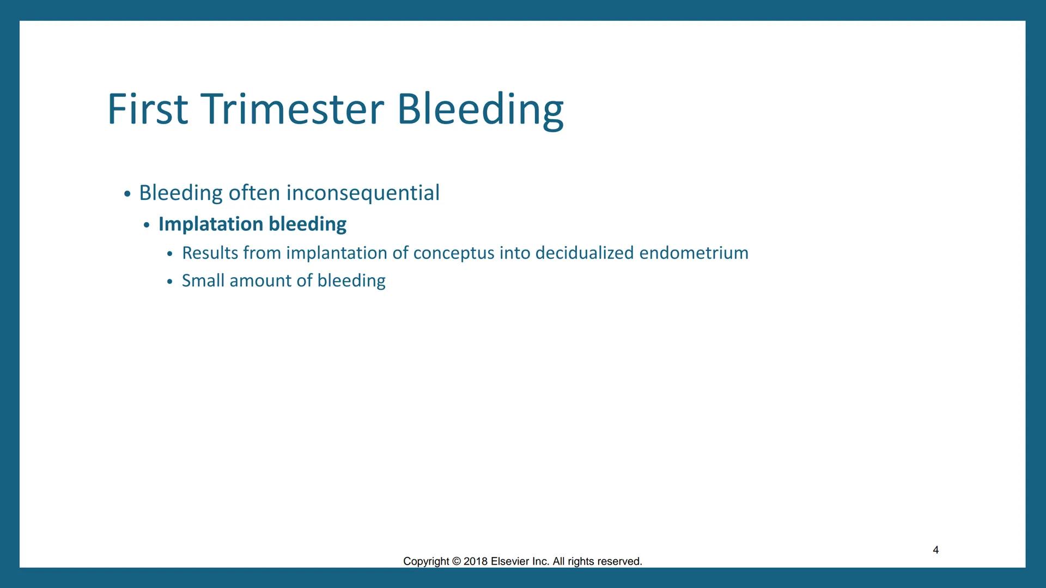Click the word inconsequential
click(362, 193)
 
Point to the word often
click(254, 193)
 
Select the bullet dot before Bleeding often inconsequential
click(127, 194)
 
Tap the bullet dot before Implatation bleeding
click(147, 225)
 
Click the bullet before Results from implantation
click(170, 254)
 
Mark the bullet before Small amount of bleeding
click(170, 281)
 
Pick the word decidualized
click(585, 253)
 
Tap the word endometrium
click(694, 253)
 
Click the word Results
click(210, 253)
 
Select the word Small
click(203, 280)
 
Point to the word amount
click(260, 280)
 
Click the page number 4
click(935, 550)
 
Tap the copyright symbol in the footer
click(456, 561)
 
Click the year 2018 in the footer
click(475, 561)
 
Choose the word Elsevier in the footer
click(509, 561)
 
